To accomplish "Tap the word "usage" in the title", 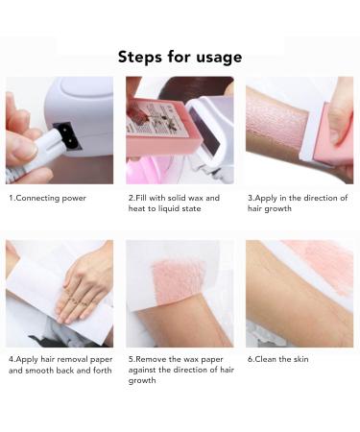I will tap(216, 57).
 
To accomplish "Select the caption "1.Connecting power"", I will tap(47, 198).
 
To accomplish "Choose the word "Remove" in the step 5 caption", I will tap(153, 359).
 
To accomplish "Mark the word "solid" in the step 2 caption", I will tap(176, 198).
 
